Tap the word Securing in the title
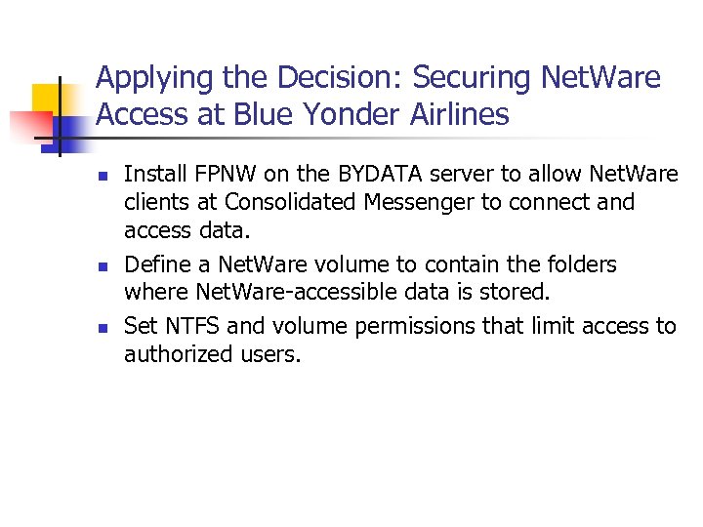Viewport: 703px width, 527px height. pyautogui.click(x=464, y=77)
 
